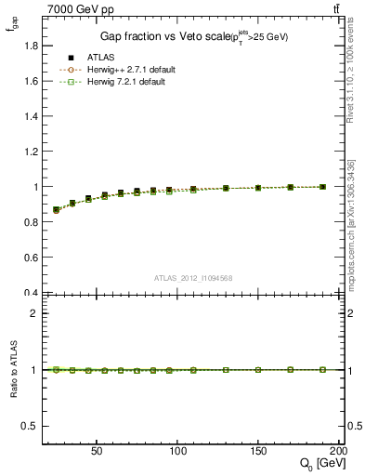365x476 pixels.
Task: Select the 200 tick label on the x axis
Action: pos(338,449)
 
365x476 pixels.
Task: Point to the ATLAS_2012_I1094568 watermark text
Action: pos(192,278)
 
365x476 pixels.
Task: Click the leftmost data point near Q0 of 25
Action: pos(57,210)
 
